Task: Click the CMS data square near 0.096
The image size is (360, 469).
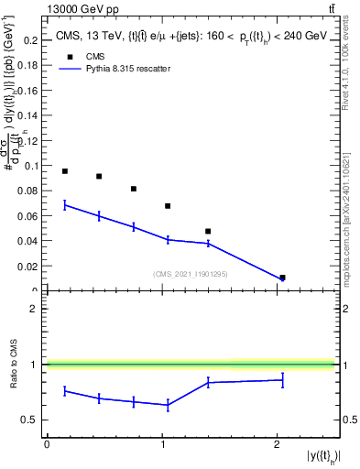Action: (x=65, y=171)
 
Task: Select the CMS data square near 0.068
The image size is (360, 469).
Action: (x=168, y=206)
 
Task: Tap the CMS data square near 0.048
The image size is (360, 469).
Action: (x=208, y=231)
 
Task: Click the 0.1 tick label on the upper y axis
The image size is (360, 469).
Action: (x=29, y=166)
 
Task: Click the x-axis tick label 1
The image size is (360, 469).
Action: (x=162, y=443)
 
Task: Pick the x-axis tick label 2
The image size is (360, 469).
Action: (x=277, y=443)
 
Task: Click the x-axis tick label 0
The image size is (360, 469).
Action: (x=47, y=443)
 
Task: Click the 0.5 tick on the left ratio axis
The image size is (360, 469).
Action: (x=33, y=420)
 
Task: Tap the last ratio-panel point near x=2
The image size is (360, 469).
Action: (x=282, y=379)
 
